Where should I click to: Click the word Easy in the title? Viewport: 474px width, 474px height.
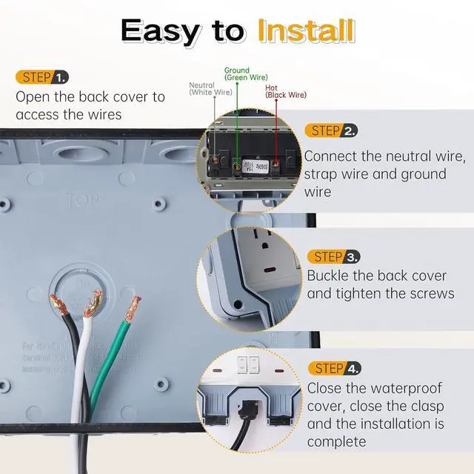coord(161,30)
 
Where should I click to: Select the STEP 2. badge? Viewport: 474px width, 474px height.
coord(330,131)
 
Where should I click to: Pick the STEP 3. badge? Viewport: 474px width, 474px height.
coord(333,257)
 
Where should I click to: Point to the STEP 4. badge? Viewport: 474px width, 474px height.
coord(334,368)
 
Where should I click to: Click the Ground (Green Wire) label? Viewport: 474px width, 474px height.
coord(246,74)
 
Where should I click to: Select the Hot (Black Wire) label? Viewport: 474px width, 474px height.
coord(285,91)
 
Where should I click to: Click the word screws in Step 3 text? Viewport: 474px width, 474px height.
coord(432,294)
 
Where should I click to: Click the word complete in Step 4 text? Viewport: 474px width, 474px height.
coord(336,442)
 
